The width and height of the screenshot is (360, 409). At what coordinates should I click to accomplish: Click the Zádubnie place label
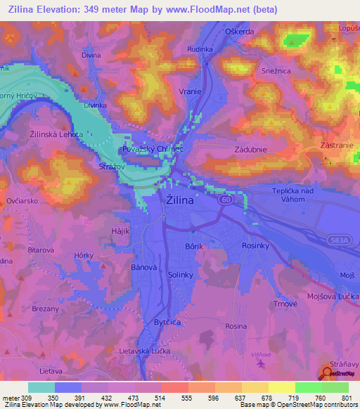248,149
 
